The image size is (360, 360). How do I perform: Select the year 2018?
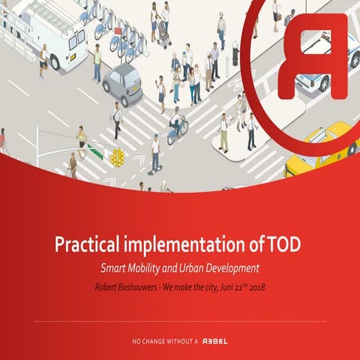[256, 286]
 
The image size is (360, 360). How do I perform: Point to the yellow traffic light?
[118, 157]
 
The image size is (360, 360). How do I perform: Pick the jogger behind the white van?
[43, 60]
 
